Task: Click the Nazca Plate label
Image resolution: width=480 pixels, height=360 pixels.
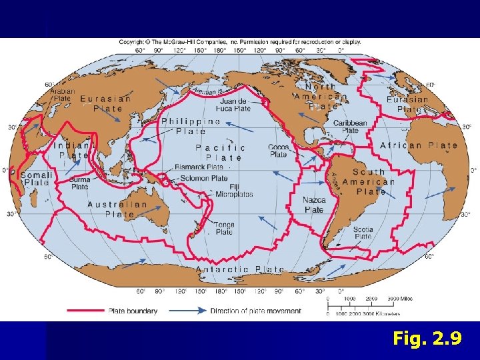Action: pyautogui.click(x=314, y=205)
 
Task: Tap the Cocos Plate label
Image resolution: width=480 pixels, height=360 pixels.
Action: pyautogui.click(x=278, y=150)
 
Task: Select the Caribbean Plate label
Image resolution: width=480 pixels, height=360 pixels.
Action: pyautogui.click(x=350, y=127)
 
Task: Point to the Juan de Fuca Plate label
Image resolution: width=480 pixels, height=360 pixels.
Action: pyautogui.click(x=233, y=105)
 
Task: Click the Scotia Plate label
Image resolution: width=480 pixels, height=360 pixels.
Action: pyautogui.click(x=363, y=233)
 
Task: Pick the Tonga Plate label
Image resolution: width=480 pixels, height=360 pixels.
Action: pyautogui.click(x=224, y=229)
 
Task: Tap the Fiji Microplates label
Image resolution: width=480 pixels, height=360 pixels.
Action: pyautogui.click(x=233, y=190)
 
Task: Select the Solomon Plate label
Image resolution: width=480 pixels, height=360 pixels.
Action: pyautogui.click(x=204, y=179)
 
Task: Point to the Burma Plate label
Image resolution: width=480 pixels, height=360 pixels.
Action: pyautogui.click(x=79, y=183)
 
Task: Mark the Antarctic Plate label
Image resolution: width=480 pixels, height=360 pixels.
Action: pyautogui.click(x=240, y=269)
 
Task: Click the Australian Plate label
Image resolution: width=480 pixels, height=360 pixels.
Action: pyautogui.click(x=117, y=209)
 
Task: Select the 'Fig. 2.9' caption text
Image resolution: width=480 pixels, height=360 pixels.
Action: pyautogui.click(x=427, y=339)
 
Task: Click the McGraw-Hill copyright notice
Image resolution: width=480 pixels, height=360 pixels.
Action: pyautogui.click(x=240, y=41)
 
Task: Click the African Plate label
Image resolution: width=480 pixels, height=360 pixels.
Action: pyautogui.click(x=419, y=145)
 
